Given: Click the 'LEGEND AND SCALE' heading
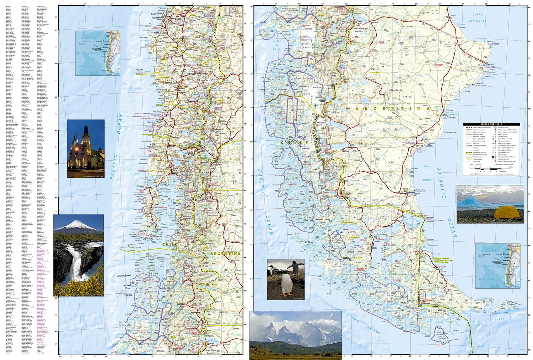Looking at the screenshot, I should point(491,124).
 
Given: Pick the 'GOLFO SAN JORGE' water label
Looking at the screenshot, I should point(477,18).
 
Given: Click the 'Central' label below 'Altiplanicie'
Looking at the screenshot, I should point(408,97).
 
